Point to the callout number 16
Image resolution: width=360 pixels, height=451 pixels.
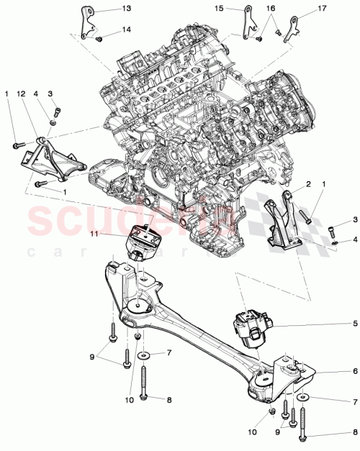click(271, 9)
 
